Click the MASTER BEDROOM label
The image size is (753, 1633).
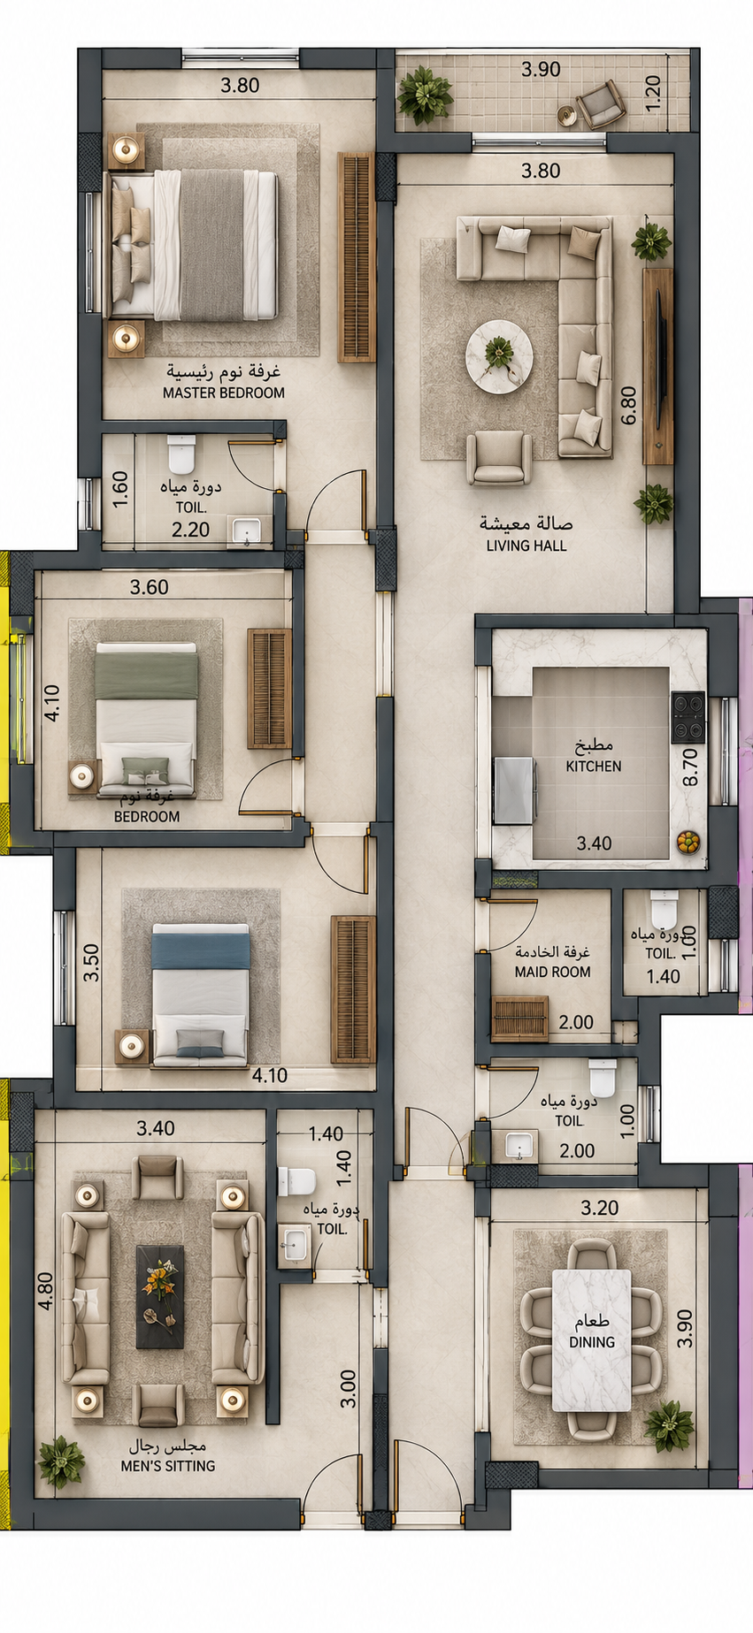tap(224, 393)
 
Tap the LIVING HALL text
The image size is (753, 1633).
tap(526, 546)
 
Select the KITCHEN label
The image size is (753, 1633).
tap(594, 767)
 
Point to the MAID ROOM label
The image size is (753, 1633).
tap(552, 972)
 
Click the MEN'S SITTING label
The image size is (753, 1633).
tap(168, 1465)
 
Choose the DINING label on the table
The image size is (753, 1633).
tap(592, 1341)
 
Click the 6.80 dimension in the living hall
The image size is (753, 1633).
tap(628, 406)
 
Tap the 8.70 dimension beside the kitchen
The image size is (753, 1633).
tap(691, 767)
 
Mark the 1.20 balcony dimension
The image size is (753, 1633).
tap(653, 90)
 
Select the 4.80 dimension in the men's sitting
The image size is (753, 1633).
tap(45, 1290)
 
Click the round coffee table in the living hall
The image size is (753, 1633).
tap(499, 356)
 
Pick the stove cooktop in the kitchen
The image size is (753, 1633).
tap(688, 716)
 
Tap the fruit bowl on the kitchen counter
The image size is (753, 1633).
tap(688, 842)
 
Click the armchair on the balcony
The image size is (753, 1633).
tap(602, 103)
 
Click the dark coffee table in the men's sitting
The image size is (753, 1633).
tap(160, 1296)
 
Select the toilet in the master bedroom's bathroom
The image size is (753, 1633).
tap(181, 454)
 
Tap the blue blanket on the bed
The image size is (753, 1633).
tap(200, 950)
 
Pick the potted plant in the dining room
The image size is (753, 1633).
tap(669, 1424)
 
